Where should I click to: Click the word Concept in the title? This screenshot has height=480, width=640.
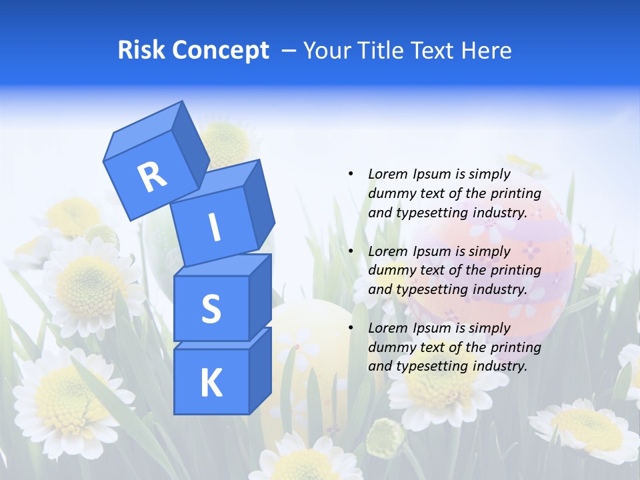pos(220,51)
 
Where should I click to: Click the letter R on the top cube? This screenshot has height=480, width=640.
pos(153,177)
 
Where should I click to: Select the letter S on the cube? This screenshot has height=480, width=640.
pos(211,309)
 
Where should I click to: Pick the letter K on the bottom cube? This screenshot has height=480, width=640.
pos(211,383)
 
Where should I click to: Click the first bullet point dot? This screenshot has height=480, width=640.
pos(351,174)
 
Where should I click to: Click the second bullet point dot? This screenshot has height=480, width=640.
pos(351,251)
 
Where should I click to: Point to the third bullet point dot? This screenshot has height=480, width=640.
pos(351,328)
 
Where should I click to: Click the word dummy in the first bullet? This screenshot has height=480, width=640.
pos(389,193)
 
